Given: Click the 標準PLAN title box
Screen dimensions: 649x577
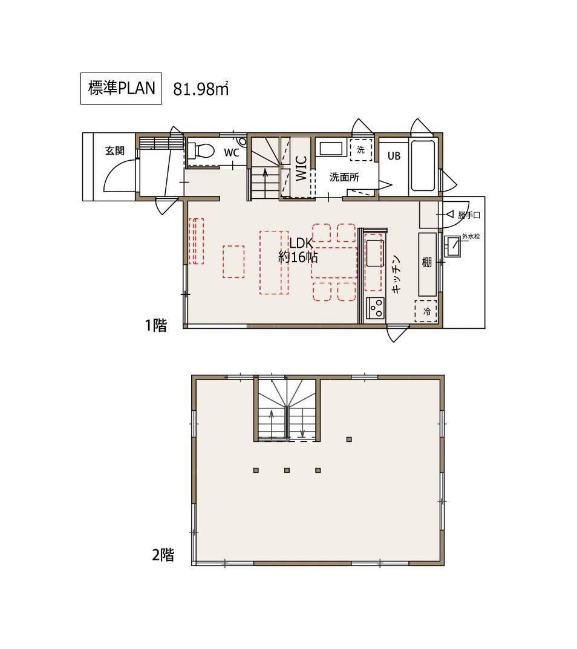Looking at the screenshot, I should (121, 88).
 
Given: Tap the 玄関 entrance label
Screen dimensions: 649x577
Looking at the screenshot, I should (116, 150).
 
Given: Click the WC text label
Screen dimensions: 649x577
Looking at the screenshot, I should (231, 153).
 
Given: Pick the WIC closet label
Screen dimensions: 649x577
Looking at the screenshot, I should (301, 169).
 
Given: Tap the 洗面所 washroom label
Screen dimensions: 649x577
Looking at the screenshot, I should (344, 177).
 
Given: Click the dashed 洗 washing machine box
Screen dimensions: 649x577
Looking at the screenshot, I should (361, 150).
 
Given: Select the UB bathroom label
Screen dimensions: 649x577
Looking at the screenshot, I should (394, 155).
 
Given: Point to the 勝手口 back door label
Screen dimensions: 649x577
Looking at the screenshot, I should (469, 215).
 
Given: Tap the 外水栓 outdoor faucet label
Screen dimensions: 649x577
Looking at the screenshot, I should (471, 236).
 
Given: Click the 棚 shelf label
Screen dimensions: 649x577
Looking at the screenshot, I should (426, 262).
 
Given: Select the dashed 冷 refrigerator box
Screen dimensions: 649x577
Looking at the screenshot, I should (427, 311).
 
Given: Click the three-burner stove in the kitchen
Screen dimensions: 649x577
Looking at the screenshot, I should (376, 308).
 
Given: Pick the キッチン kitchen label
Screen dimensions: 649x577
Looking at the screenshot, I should (396, 275).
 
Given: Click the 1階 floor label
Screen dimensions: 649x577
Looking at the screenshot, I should (155, 326).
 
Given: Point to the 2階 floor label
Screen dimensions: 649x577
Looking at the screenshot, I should (163, 555).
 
